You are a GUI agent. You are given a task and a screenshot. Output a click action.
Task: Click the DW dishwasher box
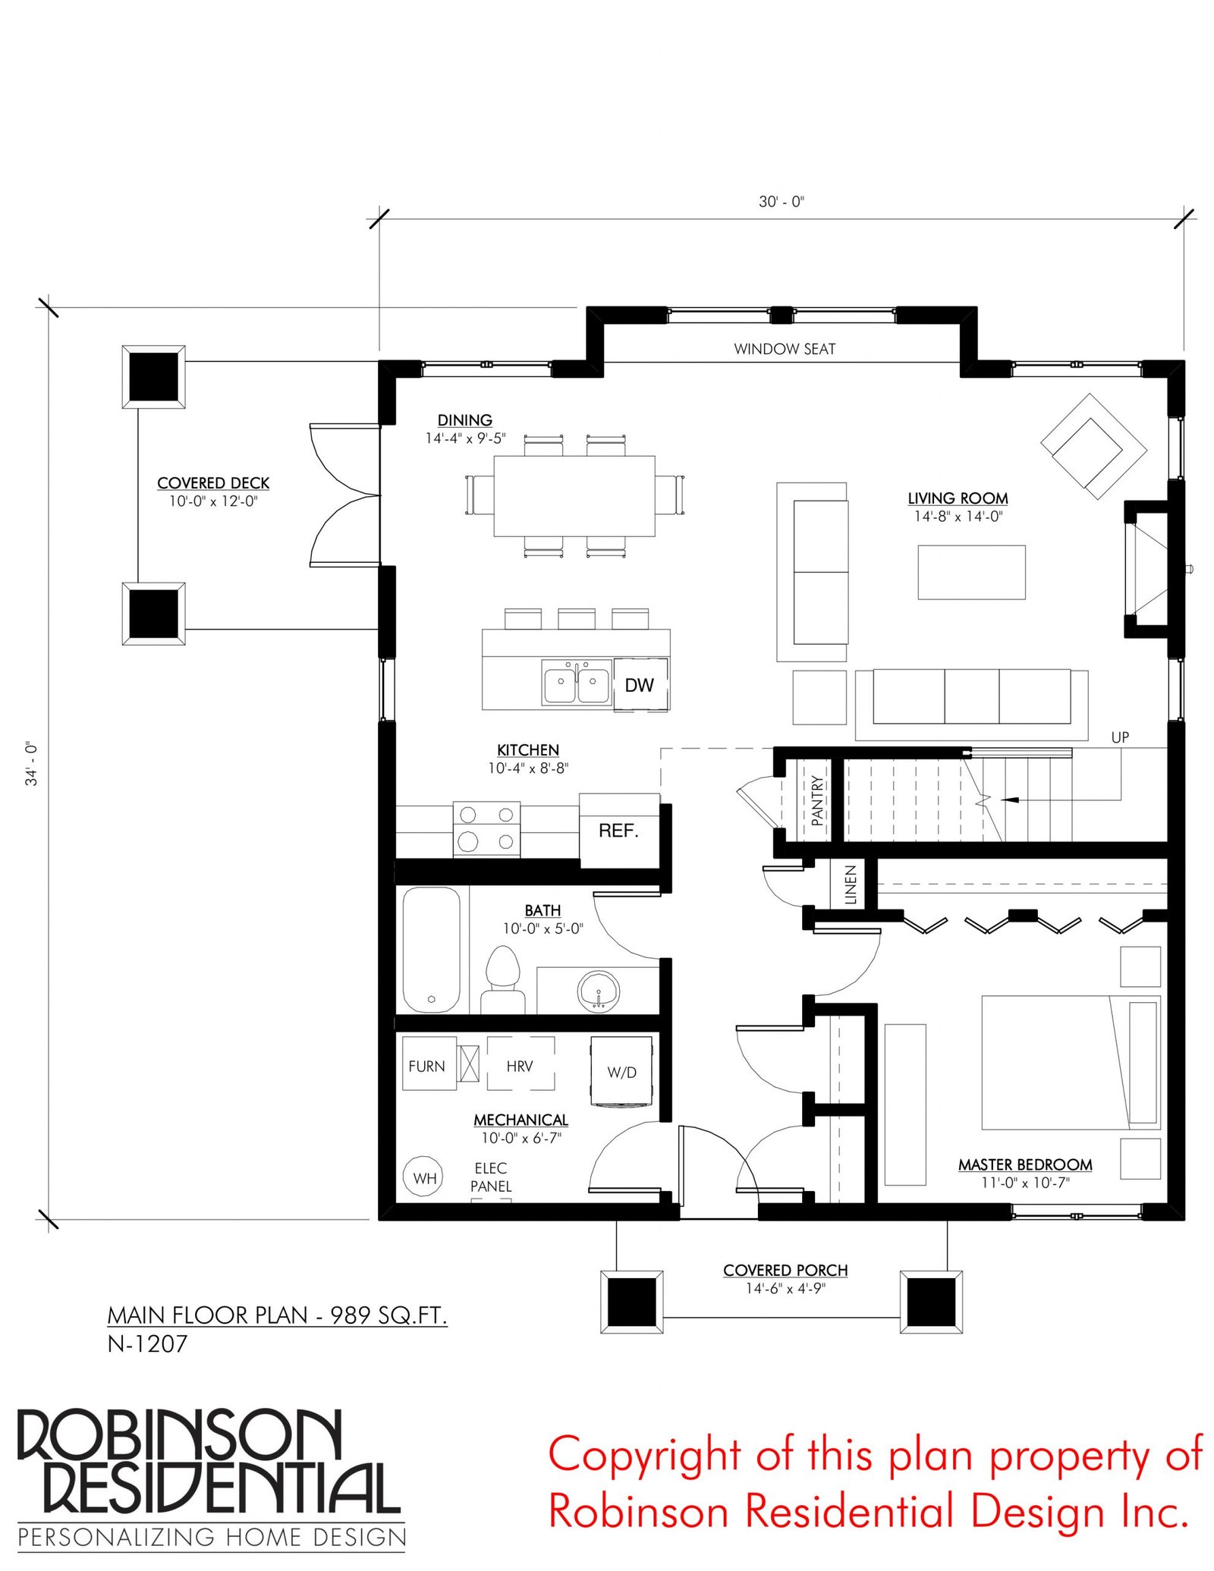[x=640, y=683]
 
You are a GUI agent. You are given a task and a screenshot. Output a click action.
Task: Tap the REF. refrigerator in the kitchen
[x=619, y=831]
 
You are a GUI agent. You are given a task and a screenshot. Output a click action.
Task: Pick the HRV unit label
[x=520, y=1066]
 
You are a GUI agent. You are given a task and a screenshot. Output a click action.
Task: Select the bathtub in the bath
[x=431, y=950]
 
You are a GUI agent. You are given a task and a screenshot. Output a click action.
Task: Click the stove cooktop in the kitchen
[x=486, y=829]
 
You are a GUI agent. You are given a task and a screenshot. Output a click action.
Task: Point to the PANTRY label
[x=817, y=800]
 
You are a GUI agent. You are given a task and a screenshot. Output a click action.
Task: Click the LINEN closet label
[x=851, y=884]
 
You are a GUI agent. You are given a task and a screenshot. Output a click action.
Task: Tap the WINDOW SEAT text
[x=785, y=349]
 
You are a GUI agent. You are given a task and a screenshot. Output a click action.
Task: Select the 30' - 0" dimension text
[x=782, y=202]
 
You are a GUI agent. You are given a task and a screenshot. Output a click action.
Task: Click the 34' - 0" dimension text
[x=32, y=763]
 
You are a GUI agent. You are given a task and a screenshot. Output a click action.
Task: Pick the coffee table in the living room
[x=971, y=572]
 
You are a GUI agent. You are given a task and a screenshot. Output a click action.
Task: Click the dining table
[x=574, y=496]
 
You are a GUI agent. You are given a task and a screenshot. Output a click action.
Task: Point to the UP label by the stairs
[x=1120, y=737]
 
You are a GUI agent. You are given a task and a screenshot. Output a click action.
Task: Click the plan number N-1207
[x=147, y=1343]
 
